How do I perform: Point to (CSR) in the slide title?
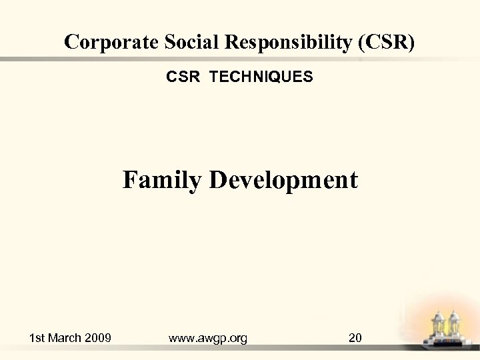pyautogui.click(x=386, y=43)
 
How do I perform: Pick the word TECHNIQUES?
pyautogui.click(x=261, y=77)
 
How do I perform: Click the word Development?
pyautogui.click(x=283, y=180)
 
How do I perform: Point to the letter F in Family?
pyautogui.click(x=129, y=180)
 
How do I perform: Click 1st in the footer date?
pyautogui.click(x=38, y=338)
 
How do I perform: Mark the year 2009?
pyautogui.click(x=99, y=338)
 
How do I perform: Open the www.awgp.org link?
pyautogui.click(x=208, y=339)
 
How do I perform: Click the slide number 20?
pyautogui.click(x=355, y=338)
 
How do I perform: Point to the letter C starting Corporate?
pyautogui.click(x=71, y=43)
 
